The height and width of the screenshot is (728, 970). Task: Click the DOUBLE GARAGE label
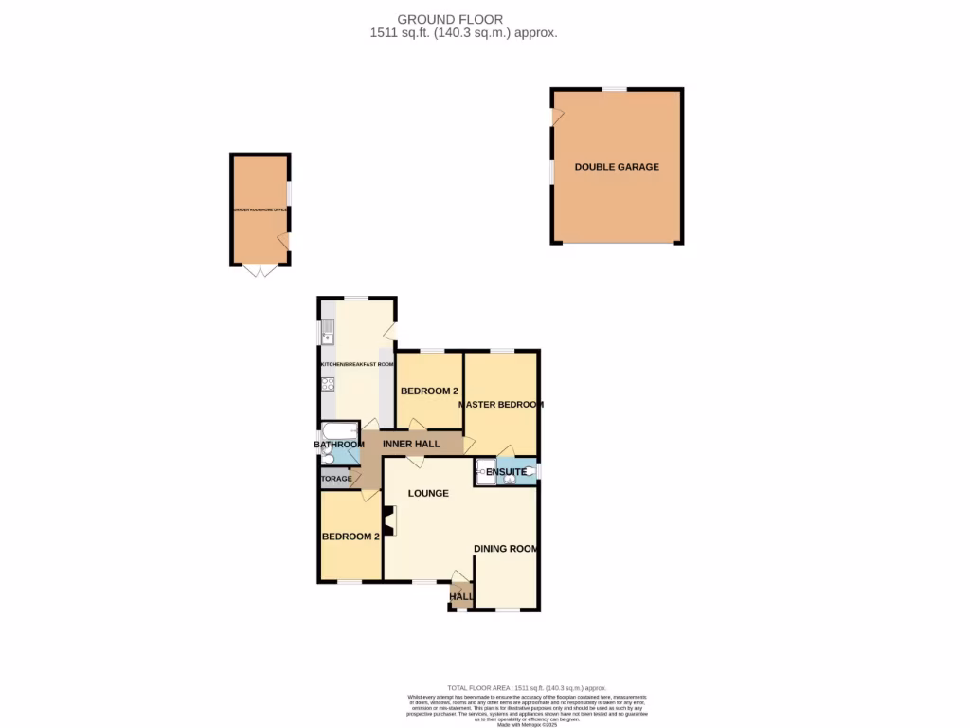[617, 167]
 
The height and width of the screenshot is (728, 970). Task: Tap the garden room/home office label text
[260, 209]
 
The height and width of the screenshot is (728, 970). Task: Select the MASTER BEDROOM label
[501, 405]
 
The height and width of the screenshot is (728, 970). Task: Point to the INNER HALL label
[412, 443]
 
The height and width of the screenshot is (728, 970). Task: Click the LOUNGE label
[428, 493]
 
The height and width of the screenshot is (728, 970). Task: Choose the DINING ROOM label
[506, 548]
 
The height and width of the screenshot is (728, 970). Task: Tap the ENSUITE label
[506, 471]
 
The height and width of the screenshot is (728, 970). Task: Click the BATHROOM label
[339, 445]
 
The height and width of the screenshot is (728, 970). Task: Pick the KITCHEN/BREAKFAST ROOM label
[357, 364]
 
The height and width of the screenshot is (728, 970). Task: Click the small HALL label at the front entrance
[461, 597]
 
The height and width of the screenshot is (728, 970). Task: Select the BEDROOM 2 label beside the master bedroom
[429, 391]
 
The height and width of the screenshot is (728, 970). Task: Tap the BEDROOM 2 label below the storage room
[350, 537]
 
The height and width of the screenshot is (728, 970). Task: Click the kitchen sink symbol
[328, 332]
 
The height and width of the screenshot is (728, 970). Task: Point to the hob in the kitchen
[328, 384]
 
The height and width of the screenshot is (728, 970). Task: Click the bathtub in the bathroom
[339, 430]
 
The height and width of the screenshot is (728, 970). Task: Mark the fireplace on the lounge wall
[389, 520]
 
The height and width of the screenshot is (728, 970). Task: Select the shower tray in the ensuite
[486, 472]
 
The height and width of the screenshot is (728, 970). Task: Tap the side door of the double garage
[557, 118]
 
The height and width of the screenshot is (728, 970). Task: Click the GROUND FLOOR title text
[450, 19]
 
